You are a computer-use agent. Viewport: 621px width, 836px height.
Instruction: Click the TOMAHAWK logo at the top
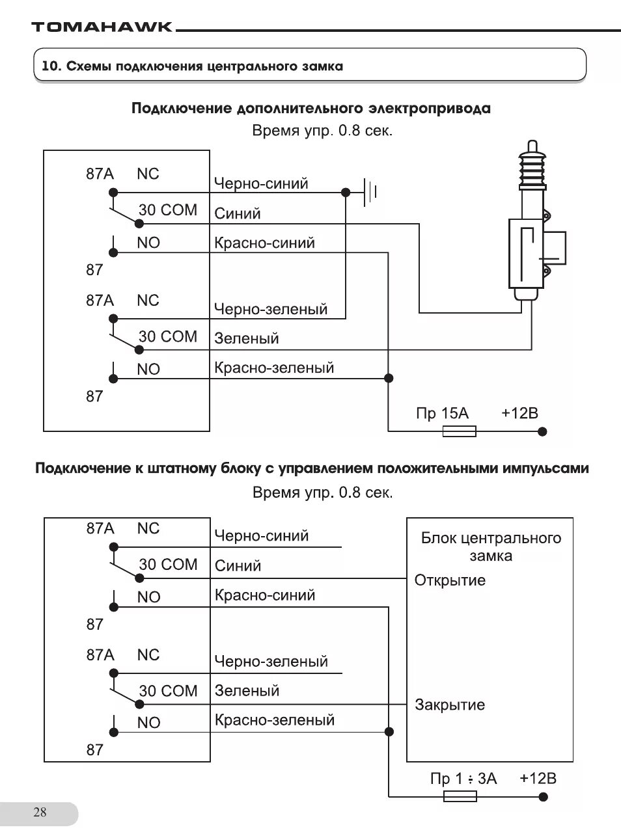(x=102, y=27)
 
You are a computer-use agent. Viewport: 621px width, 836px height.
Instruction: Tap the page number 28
(x=40, y=812)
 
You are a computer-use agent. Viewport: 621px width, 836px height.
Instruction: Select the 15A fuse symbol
(x=459, y=431)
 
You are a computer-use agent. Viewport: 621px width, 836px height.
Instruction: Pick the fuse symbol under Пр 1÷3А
(x=460, y=796)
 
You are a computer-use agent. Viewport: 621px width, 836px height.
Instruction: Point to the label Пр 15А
(x=442, y=414)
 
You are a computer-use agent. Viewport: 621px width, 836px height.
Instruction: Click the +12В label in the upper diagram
(x=519, y=414)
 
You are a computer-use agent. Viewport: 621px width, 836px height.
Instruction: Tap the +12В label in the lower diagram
(x=538, y=779)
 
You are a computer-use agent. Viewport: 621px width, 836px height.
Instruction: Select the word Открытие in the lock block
(x=450, y=580)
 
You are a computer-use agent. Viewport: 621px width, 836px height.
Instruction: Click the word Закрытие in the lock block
(x=450, y=705)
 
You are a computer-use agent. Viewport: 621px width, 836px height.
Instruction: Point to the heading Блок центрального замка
(x=491, y=546)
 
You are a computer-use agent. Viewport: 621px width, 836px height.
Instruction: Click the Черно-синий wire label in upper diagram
(x=261, y=183)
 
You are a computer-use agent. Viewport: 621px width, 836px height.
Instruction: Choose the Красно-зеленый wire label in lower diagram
(x=275, y=720)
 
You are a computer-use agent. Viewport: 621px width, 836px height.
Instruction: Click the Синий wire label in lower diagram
(x=238, y=566)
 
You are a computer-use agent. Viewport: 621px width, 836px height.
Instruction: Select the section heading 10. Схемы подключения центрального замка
(x=192, y=66)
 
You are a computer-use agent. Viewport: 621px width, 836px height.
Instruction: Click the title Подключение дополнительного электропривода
(x=310, y=108)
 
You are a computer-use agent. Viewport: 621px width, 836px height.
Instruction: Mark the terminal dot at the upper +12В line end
(x=543, y=431)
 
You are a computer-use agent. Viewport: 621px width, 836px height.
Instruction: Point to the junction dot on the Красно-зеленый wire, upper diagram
(x=389, y=378)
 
